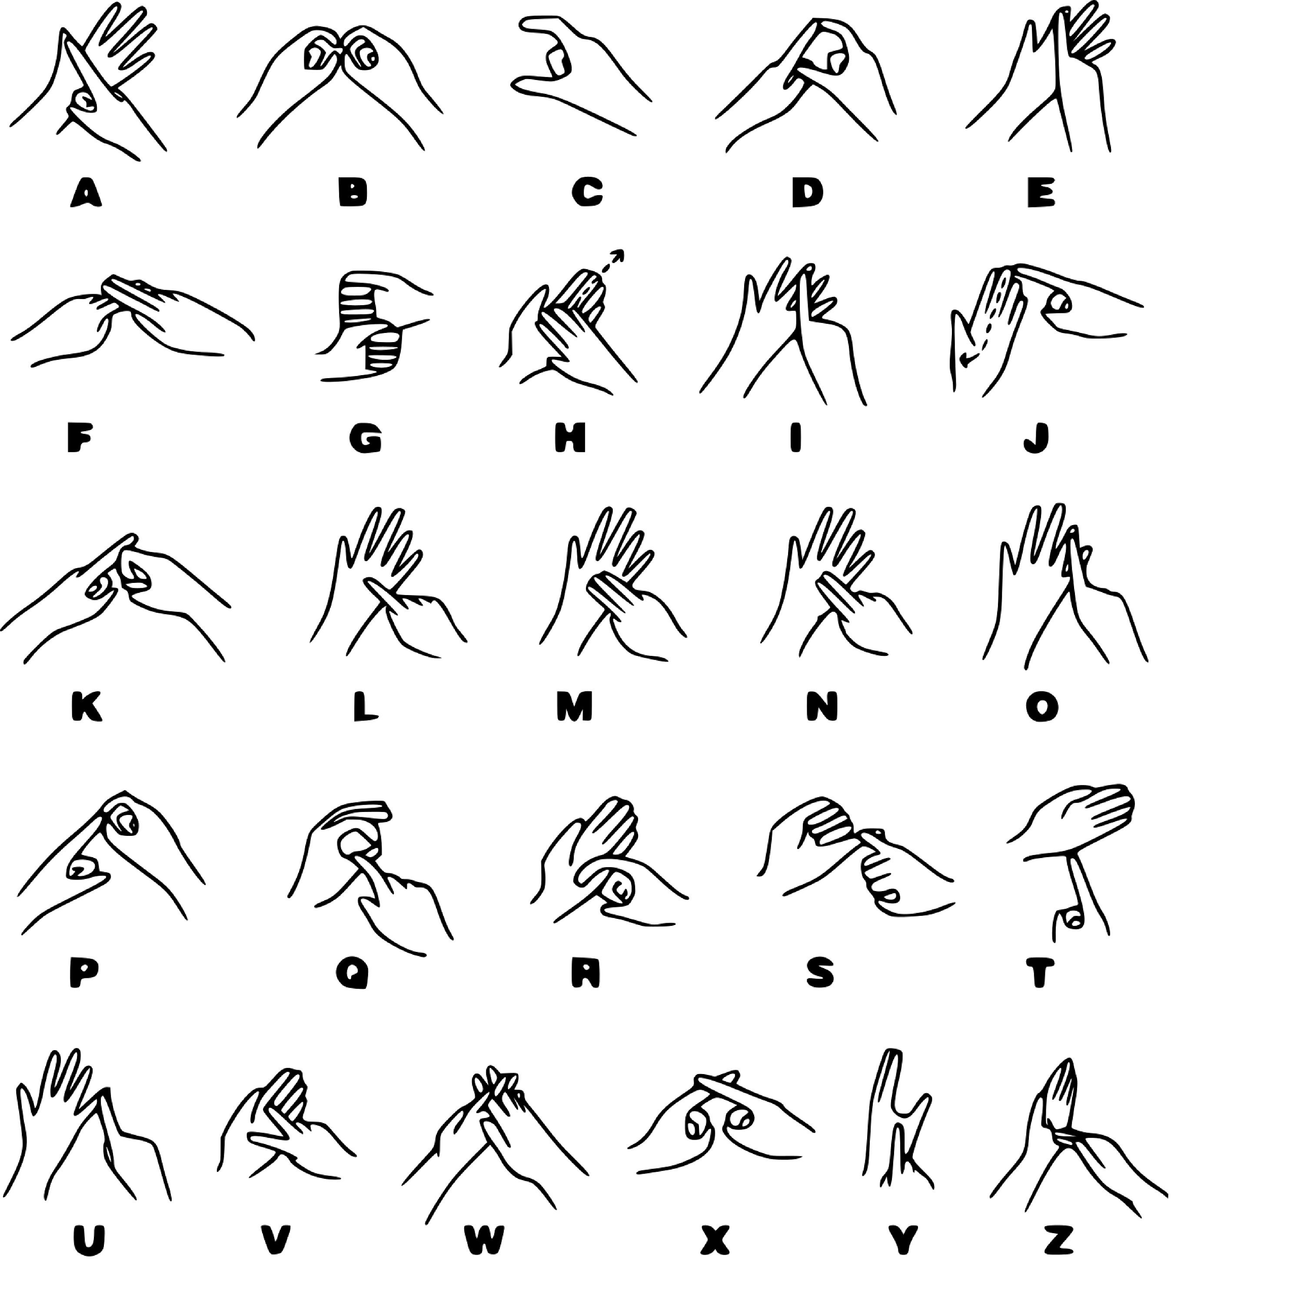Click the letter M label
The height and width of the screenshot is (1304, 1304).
point(574,707)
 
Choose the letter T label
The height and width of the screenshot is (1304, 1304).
point(1040,973)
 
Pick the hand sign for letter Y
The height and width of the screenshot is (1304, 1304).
point(898,1124)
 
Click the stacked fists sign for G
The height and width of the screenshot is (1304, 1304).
point(371,324)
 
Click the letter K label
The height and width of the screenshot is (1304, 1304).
point(86,707)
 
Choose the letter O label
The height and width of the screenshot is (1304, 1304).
point(1042,707)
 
